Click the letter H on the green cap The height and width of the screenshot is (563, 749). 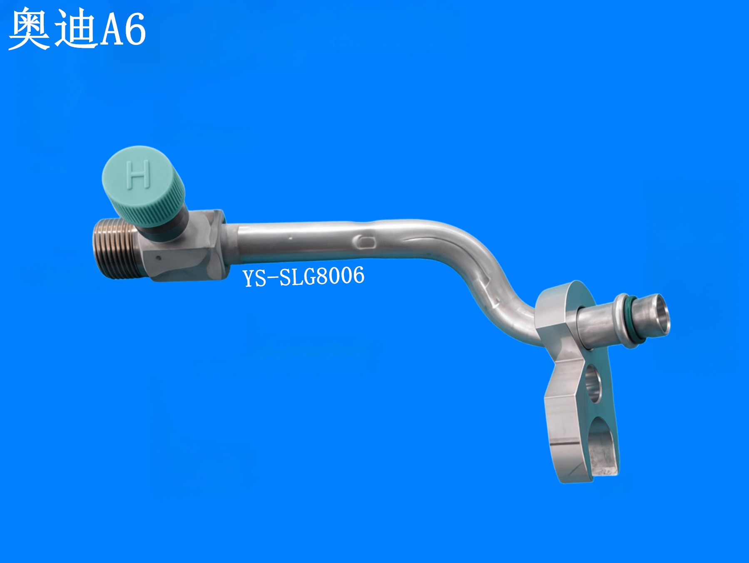click(139, 174)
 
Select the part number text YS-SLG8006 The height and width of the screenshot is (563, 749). click(304, 277)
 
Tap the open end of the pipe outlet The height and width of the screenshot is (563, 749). click(660, 315)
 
